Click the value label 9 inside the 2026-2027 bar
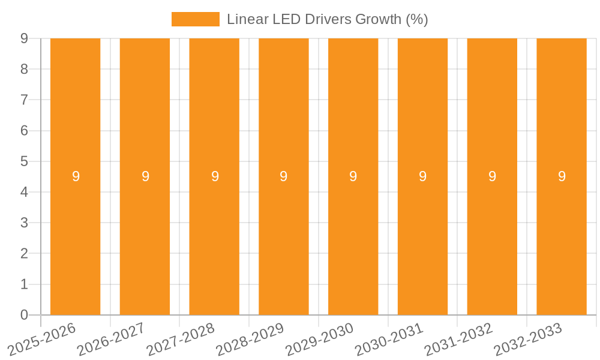click(145, 176)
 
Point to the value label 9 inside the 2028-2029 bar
click(284, 176)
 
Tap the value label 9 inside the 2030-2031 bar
click(422, 176)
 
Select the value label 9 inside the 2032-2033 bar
click(562, 176)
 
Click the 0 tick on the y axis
click(24, 315)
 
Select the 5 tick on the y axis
click(24, 161)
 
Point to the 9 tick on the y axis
click(24, 38)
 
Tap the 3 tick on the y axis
click(24, 223)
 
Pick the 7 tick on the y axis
click(24, 100)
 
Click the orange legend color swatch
click(195, 19)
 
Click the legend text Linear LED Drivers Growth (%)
click(327, 19)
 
